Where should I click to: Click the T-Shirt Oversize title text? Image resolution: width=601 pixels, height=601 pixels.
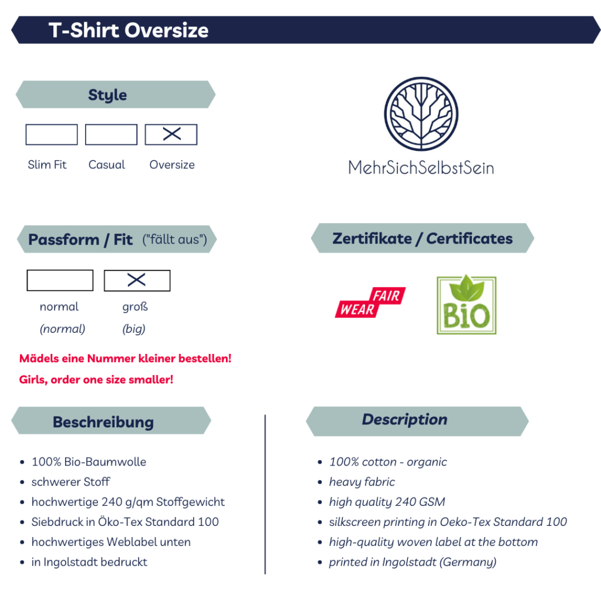[x=129, y=30]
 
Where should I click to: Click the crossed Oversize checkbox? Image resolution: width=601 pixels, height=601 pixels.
[x=171, y=134]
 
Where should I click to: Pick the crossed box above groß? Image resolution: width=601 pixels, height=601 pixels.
[x=137, y=281]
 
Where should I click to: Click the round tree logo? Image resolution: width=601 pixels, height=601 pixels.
[x=421, y=114]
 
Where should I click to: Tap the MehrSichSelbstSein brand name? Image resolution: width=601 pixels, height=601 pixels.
[x=421, y=168]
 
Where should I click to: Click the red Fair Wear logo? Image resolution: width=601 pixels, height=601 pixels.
[x=370, y=302]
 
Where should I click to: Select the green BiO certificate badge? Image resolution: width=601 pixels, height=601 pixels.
[x=467, y=305]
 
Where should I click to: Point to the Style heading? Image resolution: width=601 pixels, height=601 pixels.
[x=107, y=94]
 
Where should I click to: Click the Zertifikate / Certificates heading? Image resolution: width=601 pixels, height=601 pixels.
[x=423, y=238]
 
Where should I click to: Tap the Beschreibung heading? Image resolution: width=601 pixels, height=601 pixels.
[x=103, y=422]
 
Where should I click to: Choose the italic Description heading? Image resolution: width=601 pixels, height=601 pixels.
[x=405, y=419]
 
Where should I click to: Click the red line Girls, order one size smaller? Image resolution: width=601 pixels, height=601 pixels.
[x=96, y=380]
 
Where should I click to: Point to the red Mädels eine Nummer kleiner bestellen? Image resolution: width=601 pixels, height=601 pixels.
[x=126, y=359]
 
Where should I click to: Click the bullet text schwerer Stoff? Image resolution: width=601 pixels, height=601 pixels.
[x=71, y=482]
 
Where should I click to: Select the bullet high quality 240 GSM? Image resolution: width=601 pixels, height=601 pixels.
[x=387, y=502]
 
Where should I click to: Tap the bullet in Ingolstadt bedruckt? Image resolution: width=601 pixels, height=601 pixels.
[x=89, y=562]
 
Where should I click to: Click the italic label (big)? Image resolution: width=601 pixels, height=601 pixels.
[x=134, y=329]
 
